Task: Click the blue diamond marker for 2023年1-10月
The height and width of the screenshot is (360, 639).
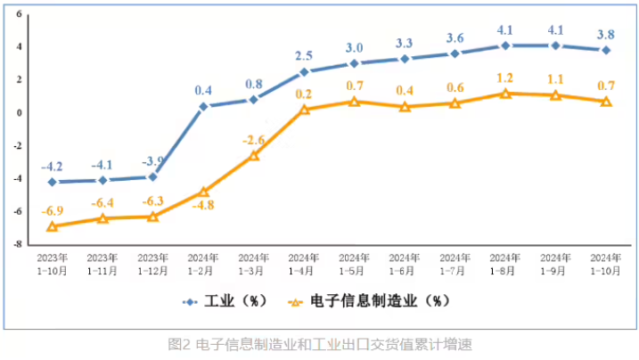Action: [52, 182]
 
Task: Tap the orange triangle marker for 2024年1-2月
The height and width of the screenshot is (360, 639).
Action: [203, 192]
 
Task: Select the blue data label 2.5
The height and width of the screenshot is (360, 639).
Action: [304, 56]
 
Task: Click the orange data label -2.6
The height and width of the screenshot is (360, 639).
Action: [253, 139]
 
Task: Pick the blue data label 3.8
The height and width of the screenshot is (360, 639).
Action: [606, 35]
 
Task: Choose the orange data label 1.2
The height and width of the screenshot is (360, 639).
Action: [505, 78]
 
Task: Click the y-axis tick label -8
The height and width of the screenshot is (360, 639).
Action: [19, 244]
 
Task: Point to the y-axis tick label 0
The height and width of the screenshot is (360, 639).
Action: [20, 113]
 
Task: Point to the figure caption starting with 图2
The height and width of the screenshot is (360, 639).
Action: [319, 343]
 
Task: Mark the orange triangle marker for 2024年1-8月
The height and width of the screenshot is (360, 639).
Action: [505, 94]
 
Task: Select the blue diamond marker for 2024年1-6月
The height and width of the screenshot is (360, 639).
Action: [405, 59]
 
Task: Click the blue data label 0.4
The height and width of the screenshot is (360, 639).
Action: [203, 90]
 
